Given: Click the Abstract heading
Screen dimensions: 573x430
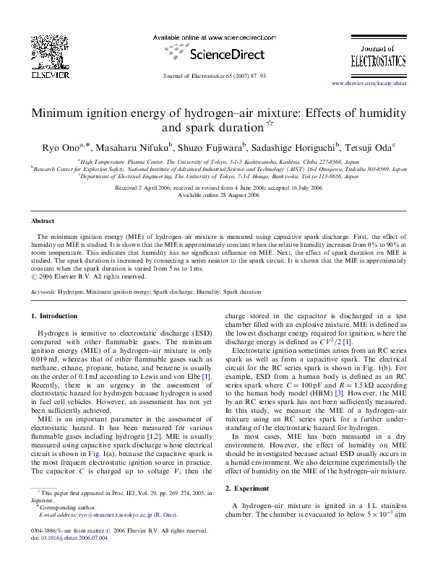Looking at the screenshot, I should [43, 221].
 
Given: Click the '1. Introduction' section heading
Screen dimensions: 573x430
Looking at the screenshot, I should [54, 316].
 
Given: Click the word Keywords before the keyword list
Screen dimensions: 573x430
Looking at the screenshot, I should [43, 293].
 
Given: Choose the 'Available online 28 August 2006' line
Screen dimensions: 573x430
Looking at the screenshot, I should [215, 196].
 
